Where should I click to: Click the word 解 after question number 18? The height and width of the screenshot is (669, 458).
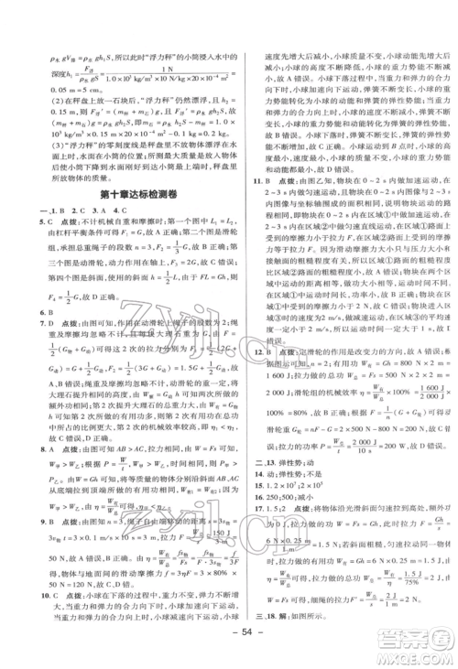279,631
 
